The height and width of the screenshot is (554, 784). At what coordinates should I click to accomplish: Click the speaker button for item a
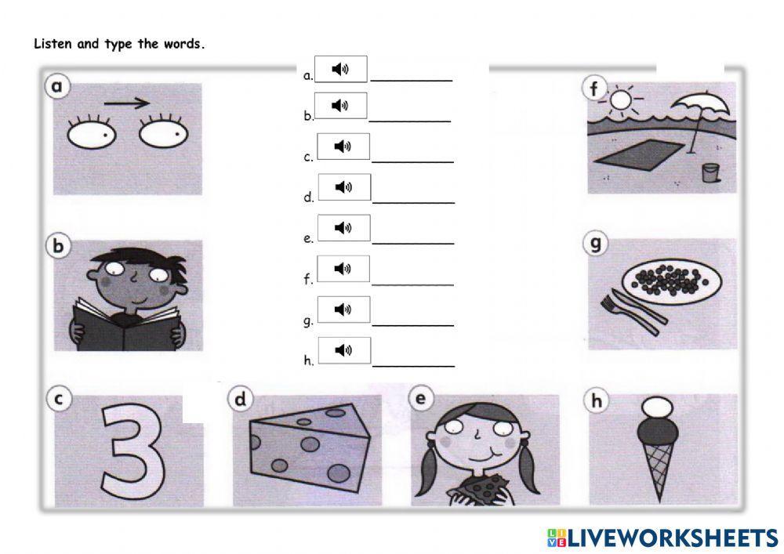tap(340, 69)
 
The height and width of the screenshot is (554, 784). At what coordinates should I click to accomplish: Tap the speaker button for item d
tap(343, 187)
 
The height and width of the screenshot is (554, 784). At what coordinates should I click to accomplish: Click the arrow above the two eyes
tap(127, 102)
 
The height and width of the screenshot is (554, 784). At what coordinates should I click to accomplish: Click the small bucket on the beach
tap(710, 172)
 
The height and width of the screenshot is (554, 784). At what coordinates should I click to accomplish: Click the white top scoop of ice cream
tap(655, 407)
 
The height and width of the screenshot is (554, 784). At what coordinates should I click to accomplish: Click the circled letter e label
tap(421, 399)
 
